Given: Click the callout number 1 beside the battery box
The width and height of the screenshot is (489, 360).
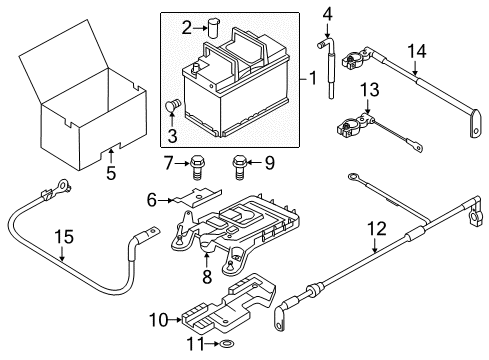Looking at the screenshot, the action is (312, 79).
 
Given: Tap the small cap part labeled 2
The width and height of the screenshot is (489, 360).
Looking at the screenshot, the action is (213, 28).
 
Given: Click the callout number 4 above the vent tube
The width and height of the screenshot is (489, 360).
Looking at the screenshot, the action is (327, 14).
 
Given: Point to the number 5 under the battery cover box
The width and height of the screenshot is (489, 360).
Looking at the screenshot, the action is (111, 173).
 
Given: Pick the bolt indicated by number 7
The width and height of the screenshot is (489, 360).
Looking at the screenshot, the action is (197, 168).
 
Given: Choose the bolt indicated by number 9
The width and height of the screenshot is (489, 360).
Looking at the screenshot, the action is (239, 168).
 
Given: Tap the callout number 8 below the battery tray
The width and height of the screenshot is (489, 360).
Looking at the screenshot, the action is (207, 276).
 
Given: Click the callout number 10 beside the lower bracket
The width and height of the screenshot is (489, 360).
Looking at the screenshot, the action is (158, 320).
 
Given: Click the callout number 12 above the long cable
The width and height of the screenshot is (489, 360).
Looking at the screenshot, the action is (377, 229).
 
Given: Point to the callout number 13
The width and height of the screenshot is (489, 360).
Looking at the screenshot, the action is (370, 90).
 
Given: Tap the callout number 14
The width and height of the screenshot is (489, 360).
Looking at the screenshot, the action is (417, 52).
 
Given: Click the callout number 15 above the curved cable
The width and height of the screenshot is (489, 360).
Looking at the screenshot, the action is (64, 237).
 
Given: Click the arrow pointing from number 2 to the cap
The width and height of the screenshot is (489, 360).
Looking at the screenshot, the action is (200, 28).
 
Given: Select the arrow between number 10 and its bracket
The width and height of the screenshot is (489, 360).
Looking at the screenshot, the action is (175, 320).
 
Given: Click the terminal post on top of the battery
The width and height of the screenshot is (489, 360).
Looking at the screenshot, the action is (196, 68).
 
